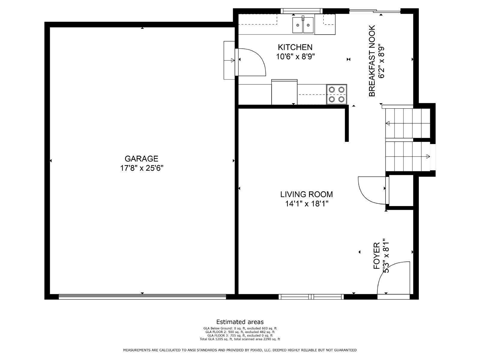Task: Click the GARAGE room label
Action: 141,158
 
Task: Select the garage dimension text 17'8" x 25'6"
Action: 142,168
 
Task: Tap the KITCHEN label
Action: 295,47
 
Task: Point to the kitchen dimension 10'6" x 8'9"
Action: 295,57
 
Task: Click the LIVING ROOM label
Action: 306,194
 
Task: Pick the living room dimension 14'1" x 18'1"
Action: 307,204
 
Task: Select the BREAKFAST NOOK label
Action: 372,61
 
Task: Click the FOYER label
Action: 376,256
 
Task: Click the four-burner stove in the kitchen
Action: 337,94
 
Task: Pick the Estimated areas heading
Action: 240,322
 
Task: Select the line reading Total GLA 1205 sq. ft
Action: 240,339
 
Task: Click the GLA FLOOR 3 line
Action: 240,335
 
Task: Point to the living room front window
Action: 311,297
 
